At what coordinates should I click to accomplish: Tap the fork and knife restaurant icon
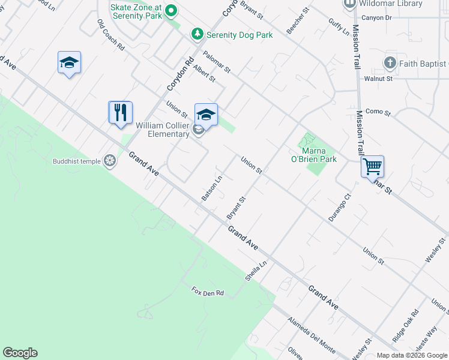[120, 112]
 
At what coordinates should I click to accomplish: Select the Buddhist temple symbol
[110, 160]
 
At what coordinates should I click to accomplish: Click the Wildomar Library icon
[350, 4]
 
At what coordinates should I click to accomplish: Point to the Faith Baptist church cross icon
[390, 63]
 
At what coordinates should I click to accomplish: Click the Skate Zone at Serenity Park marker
[171, 10]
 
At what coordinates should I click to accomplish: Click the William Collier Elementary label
[163, 130]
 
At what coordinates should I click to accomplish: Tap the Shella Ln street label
[255, 271]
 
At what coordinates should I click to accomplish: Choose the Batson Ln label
[212, 188]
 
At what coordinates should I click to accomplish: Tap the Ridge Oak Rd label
[406, 326]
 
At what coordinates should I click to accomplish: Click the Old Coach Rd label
[110, 34]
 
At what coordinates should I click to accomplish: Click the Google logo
[20, 353]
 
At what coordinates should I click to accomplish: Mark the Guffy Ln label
[339, 26]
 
